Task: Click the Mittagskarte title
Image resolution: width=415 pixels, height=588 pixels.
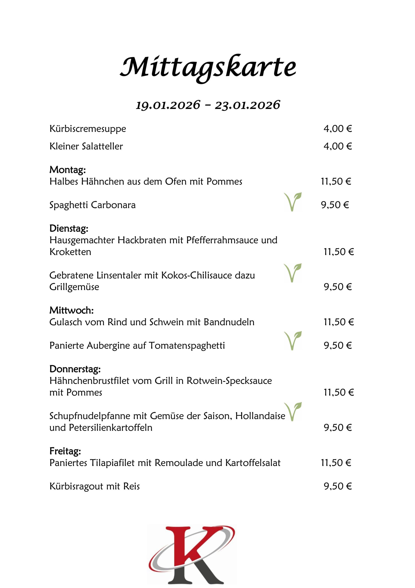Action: pyautogui.click(x=208, y=67)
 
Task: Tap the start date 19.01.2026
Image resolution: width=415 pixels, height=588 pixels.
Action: pyautogui.click(x=168, y=105)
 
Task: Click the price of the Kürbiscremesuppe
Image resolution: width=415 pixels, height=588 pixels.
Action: pyautogui.click(x=338, y=129)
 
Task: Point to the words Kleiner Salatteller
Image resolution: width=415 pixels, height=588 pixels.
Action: pyautogui.click(x=86, y=146)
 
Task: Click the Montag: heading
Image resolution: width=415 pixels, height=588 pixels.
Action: pyautogui.click(x=67, y=170)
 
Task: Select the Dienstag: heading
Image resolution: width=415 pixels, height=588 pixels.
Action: pyautogui.click(x=69, y=228)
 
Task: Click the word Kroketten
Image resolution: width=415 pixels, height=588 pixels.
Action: pyautogui.click(x=70, y=252)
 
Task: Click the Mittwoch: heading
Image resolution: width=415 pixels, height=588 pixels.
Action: pyautogui.click(x=71, y=310)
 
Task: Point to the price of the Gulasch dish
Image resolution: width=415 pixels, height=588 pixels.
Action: pyautogui.click(x=339, y=322)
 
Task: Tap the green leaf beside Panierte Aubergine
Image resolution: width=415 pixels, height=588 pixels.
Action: pyautogui.click(x=293, y=341)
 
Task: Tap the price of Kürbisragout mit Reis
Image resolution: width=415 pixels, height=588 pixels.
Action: pyautogui.click(x=338, y=486)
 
